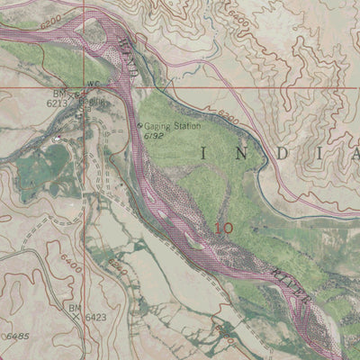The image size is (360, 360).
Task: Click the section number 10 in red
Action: pyautogui.click(x=224, y=229)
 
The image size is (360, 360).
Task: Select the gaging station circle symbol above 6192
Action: pyautogui.click(x=139, y=125)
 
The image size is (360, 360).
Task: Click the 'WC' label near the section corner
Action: pyautogui.click(x=91, y=86)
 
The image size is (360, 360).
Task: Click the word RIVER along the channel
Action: pyautogui.click(x=292, y=286)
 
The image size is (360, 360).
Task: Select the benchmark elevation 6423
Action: pyautogui.click(x=95, y=317)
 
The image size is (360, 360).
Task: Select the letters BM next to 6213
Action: pyautogui.click(x=59, y=94)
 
